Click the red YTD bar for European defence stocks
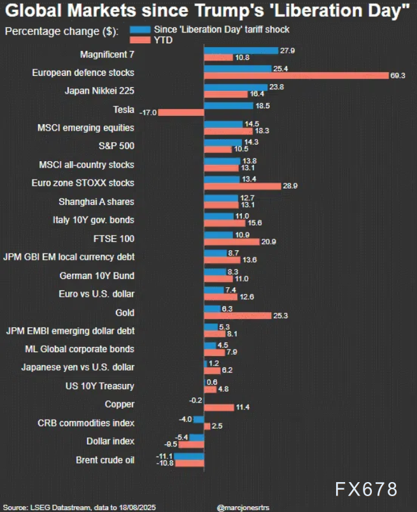point(296,76)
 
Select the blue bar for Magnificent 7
point(241,50)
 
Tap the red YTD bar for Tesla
point(181,113)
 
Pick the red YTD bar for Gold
point(237,316)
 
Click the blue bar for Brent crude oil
point(189,457)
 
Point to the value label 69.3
point(399,76)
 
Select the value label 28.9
point(290,186)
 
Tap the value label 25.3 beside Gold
point(281,316)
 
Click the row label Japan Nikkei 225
point(99,90)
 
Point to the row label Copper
point(120,404)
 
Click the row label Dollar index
point(110,441)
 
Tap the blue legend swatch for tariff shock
point(139,30)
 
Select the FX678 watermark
point(367,489)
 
